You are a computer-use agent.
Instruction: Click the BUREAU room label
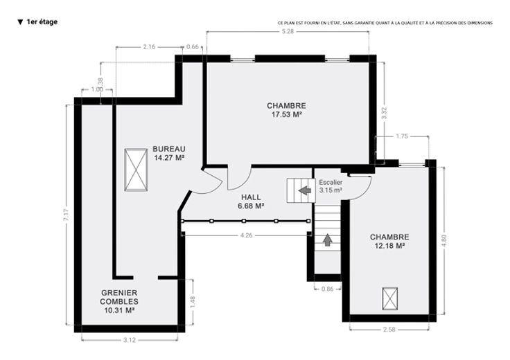(x=169, y=149)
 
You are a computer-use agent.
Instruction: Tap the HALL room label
(x=251, y=197)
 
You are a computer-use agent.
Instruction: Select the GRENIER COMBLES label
(x=119, y=297)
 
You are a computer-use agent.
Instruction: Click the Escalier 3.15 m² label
(x=331, y=186)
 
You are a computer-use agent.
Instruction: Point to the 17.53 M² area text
(x=286, y=114)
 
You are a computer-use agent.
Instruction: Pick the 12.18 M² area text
(x=389, y=246)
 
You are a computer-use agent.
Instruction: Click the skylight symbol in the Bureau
(x=136, y=170)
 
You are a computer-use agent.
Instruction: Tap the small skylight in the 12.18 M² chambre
(x=390, y=298)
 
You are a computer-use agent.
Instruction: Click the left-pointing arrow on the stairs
(x=305, y=190)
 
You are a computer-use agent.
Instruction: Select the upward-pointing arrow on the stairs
(x=328, y=240)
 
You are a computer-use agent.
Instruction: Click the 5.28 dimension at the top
(x=288, y=32)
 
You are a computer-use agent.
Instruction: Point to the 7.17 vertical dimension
(x=66, y=215)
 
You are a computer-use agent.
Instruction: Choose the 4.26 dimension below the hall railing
(x=246, y=235)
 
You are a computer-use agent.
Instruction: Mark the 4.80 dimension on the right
(x=444, y=241)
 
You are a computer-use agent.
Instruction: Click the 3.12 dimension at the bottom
(x=130, y=340)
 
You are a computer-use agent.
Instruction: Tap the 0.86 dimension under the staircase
(x=327, y=289)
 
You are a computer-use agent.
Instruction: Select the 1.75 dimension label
(x=402, y=136)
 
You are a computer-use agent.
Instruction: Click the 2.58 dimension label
(x=389, y=330)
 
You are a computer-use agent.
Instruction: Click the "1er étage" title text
(x=42, y=21)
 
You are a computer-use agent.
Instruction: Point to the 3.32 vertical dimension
(x=384, y=114)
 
